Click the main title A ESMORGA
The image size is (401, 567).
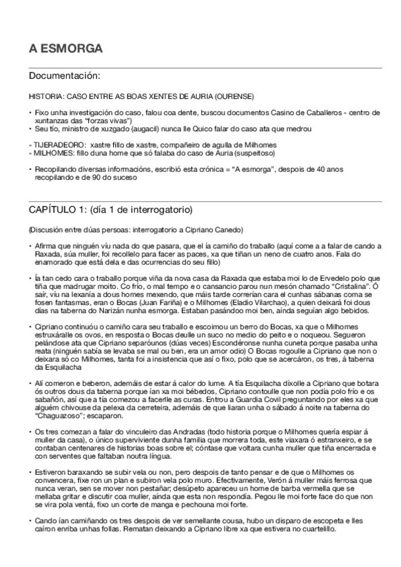click(x=66, y=49)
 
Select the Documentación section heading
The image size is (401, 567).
click(x=65, y=76)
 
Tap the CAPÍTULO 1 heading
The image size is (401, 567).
click(x=110, y=209)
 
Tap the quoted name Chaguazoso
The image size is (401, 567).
click(x=60, y=413)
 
